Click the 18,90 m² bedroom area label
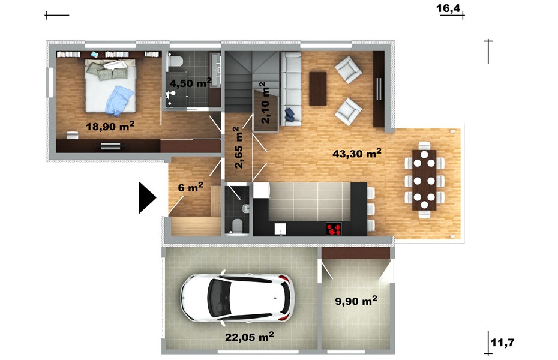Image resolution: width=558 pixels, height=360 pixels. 110,125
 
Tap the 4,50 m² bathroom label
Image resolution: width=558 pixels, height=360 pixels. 190,83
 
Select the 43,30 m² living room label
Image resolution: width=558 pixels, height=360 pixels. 357,153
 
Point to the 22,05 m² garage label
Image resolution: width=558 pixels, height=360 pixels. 250,336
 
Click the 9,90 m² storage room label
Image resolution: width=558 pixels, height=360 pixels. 356,301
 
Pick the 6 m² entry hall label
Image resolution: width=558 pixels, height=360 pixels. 190,187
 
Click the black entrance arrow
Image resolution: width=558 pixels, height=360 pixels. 148,198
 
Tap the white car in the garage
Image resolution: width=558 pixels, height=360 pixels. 238,298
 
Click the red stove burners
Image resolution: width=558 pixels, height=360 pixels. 334,229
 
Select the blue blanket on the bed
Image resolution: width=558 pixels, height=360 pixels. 119,101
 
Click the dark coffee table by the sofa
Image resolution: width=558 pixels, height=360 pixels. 318,89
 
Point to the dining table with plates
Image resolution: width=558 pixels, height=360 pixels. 424,180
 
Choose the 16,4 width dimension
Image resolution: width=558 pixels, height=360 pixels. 448,8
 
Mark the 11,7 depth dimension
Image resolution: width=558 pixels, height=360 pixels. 502,343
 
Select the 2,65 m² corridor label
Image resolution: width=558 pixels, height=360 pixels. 238,148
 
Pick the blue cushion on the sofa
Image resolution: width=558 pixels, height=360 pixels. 289,115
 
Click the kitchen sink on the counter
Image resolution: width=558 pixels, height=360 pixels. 280,229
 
